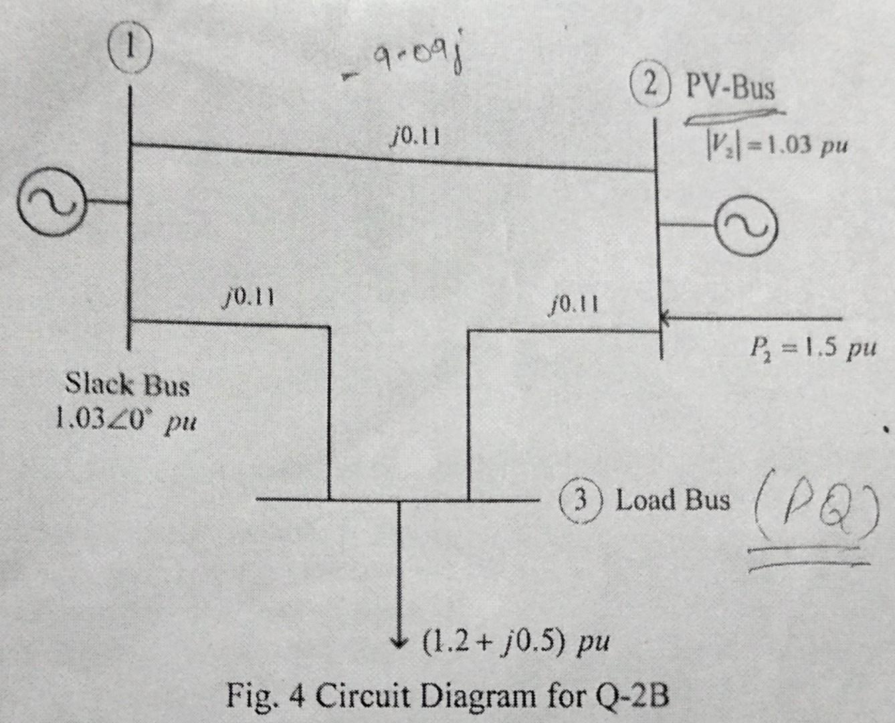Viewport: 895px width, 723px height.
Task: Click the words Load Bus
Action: point(672,500)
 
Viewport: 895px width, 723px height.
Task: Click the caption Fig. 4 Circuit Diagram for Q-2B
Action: point(447,696)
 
